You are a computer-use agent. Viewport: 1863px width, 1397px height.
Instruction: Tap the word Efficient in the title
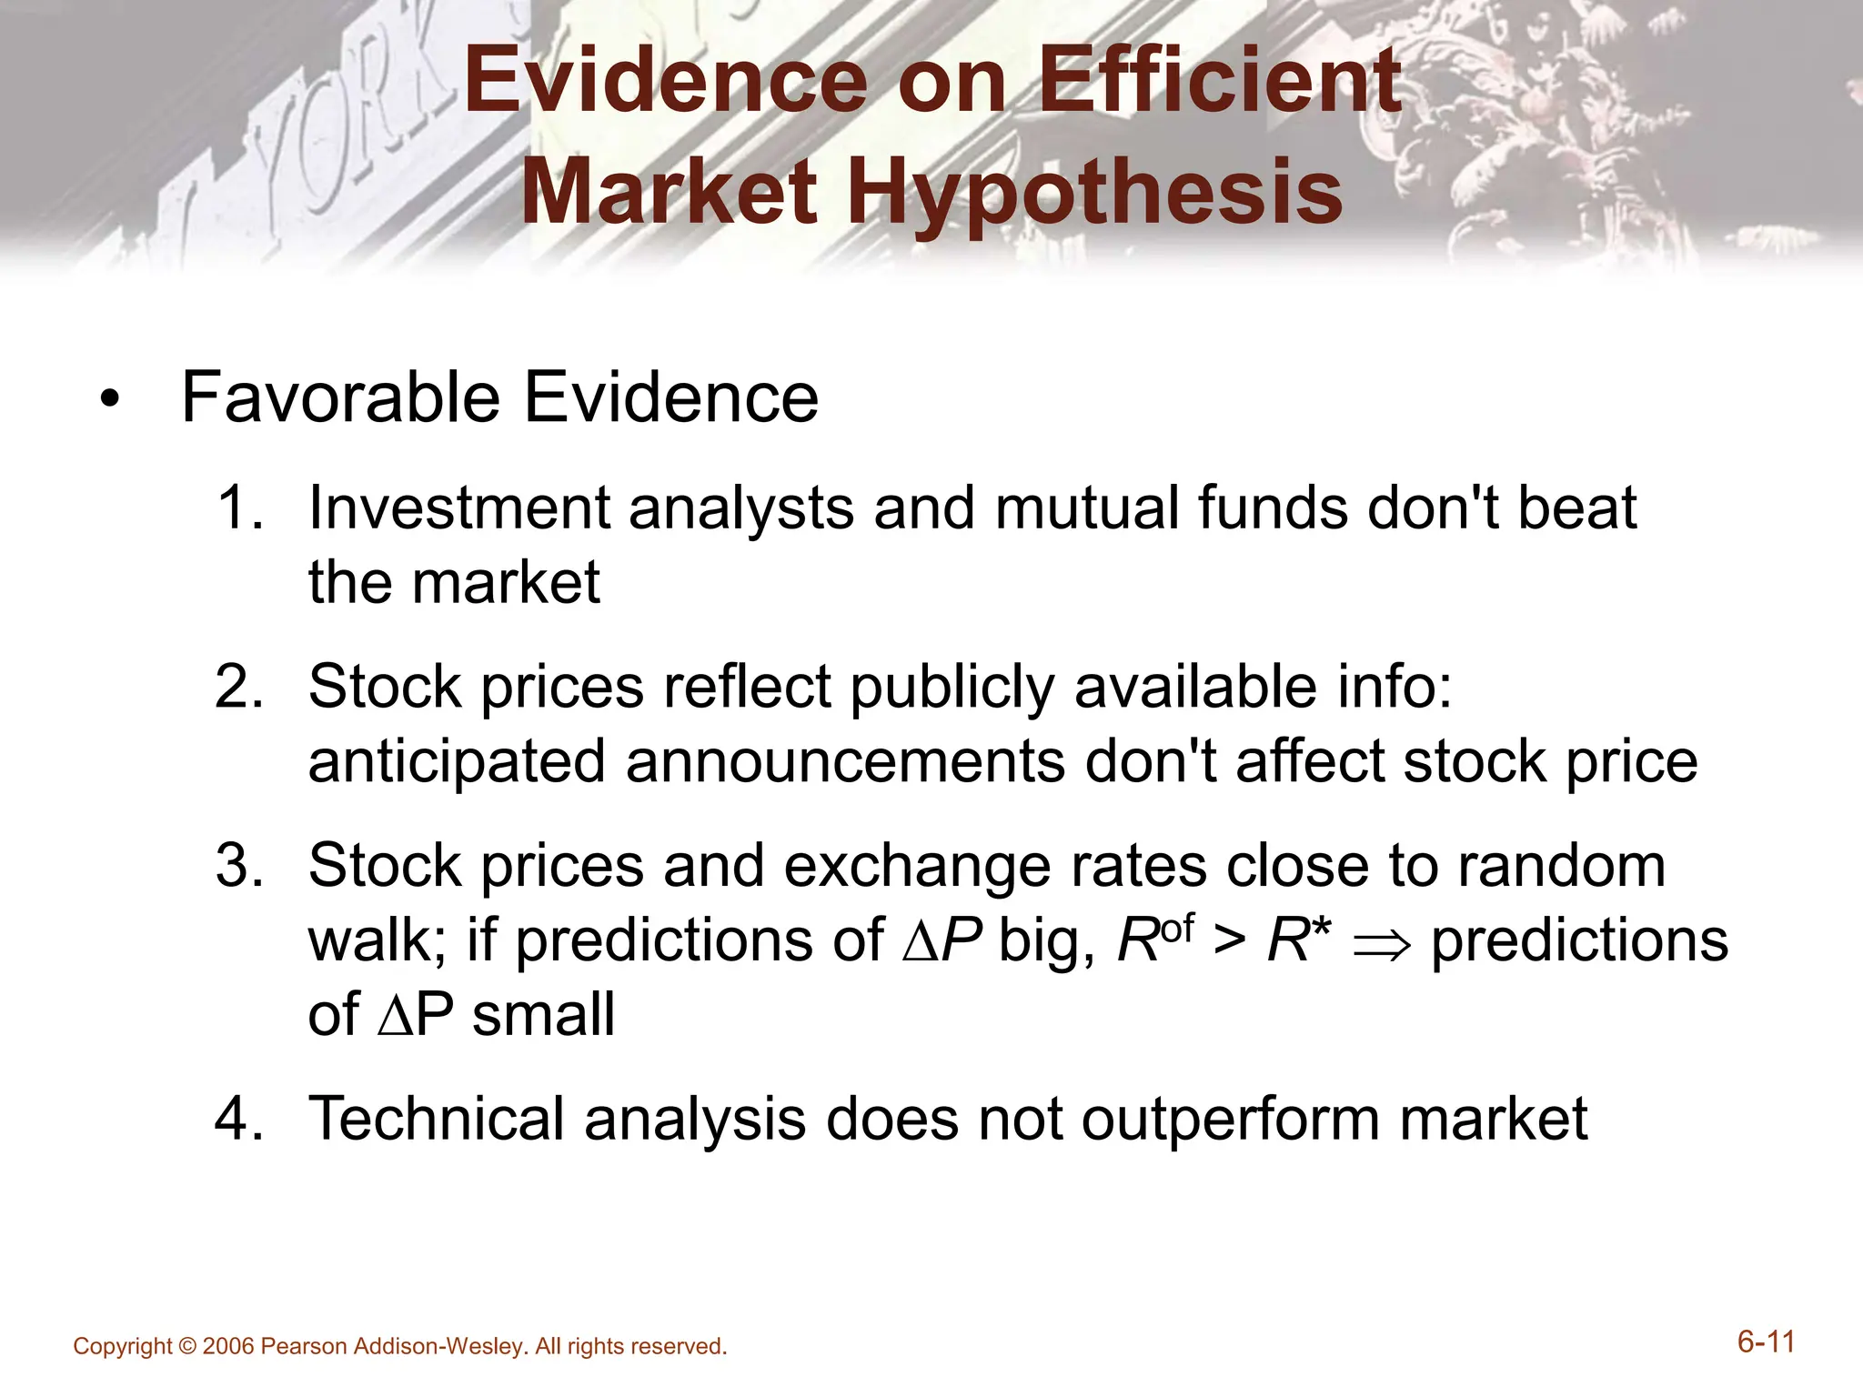(x=1219, y=82)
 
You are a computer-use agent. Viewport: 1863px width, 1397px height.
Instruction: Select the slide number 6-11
(x=1766, y=1342)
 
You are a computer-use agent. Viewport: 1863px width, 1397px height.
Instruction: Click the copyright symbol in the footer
(x=187, y=1347)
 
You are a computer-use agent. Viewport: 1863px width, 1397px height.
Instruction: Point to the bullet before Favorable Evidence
(x=110, y=401)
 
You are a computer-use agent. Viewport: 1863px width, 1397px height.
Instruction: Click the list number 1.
(x=238, y=508)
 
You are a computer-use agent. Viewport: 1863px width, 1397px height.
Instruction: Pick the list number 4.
(x=238, y=1119)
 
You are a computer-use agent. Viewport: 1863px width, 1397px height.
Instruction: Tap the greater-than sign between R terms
(x=1229, y=941)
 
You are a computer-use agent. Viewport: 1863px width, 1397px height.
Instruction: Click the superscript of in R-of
(x=1177, y=929)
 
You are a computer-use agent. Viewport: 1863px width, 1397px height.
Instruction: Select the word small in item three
(x=543, y=1015)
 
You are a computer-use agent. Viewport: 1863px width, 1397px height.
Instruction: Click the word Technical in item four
(x=437, y=1119)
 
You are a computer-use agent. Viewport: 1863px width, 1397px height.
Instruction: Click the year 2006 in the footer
(x=228, y=1347)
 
